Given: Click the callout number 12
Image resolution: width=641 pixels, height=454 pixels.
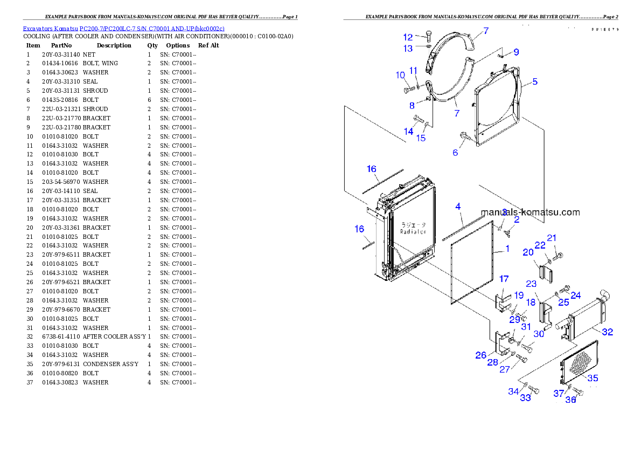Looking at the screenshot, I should point(408,37).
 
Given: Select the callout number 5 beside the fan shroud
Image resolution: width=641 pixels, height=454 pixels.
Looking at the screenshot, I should point(534,82).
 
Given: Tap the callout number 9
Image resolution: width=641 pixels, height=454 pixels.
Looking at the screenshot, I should point(516,52).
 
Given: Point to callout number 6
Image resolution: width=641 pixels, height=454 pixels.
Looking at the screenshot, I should point(455,153).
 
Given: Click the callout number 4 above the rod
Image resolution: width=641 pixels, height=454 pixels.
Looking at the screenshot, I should point(458,207).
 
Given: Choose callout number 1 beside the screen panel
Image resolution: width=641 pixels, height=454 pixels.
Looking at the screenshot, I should point(507,249).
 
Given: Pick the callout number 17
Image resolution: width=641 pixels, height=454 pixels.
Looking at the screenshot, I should point(504,279).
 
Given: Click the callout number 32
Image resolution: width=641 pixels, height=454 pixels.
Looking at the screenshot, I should point(607,332).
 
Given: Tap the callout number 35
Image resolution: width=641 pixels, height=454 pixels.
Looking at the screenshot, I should point(593,378).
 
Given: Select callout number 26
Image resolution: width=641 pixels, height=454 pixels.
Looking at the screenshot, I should point(480,355).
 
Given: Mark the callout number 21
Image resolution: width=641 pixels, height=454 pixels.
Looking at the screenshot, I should point(552,238).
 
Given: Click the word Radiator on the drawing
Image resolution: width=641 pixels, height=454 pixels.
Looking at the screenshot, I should point(413,231).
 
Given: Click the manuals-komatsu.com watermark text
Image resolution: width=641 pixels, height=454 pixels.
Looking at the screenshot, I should point(530,212).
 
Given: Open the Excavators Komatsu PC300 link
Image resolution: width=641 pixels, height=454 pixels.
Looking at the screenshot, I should point(123,28).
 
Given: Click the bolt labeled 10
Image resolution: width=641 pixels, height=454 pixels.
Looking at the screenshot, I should point(407,90).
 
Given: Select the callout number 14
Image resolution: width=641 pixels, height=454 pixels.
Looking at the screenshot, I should point(408,132).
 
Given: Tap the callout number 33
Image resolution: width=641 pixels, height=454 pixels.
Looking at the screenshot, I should point(525,398).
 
